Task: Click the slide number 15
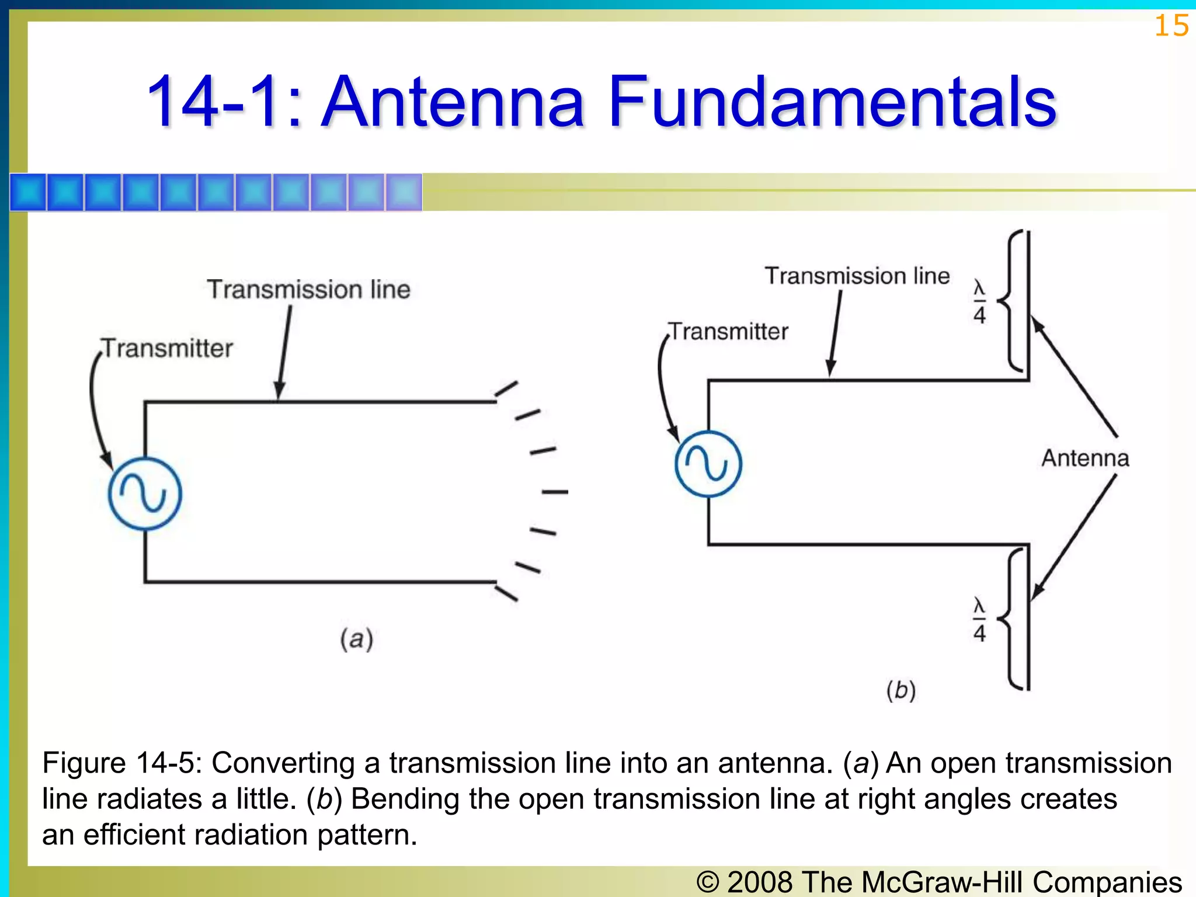point(1171,26)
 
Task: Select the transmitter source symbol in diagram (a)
point(145,493)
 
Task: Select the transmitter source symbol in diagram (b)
point(708,464)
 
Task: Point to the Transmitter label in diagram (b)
point(729,332)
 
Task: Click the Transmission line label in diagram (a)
point(308,290)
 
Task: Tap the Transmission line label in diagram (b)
point(857,276)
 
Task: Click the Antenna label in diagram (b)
point(1085,458)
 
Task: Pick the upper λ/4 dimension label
point(979,302)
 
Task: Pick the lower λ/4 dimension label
point(979,620)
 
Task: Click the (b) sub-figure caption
point(901,690)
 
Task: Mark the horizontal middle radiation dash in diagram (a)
point(555,492)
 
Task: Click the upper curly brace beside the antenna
point(1012,301)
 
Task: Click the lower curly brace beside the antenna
point(1012,618)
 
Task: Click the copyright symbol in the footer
point(708,881)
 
